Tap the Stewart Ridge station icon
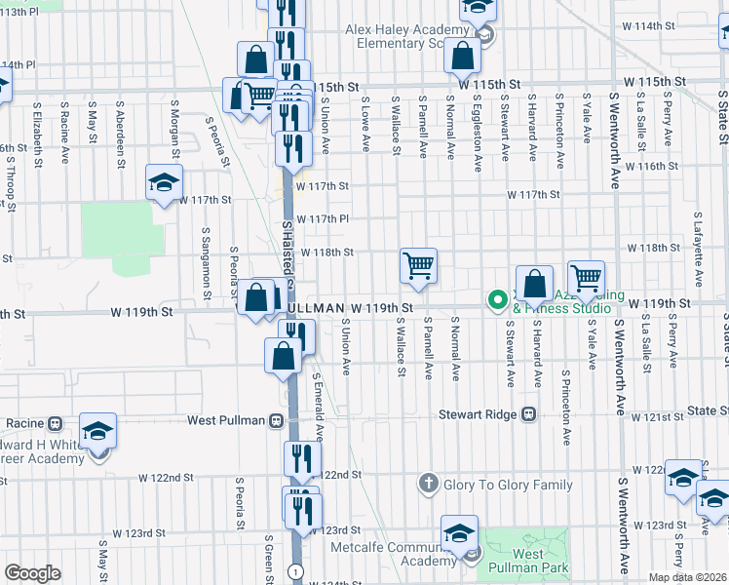[x=529, y=413]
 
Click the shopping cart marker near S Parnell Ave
[x=418, y=266]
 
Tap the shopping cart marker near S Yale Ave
[x=586, y=279]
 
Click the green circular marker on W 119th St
[x=497, y=299]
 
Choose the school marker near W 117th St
[x=165, y=182]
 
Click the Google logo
[x=32, y=573]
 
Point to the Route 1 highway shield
[x=294, y=570]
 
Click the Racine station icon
[x=55, y=424]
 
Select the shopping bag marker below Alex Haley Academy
[x=462, y=58]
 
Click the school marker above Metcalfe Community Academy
[x=457, y=533]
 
